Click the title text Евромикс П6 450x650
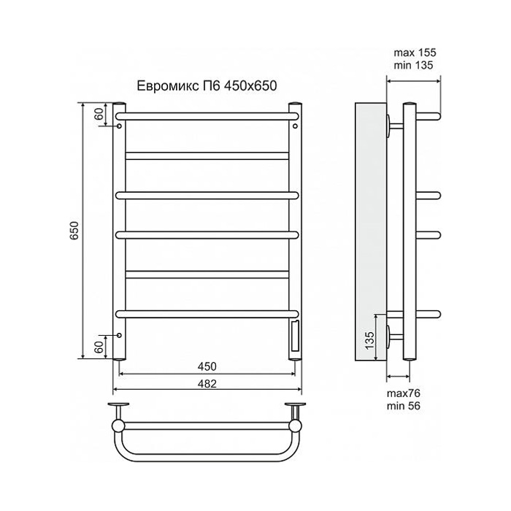pos(208,86)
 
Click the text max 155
pos(414,53)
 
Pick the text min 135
pos(414,66)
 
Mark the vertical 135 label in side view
pos(369,339)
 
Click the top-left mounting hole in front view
pos(119,126)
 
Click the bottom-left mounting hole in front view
pos(119,337)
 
